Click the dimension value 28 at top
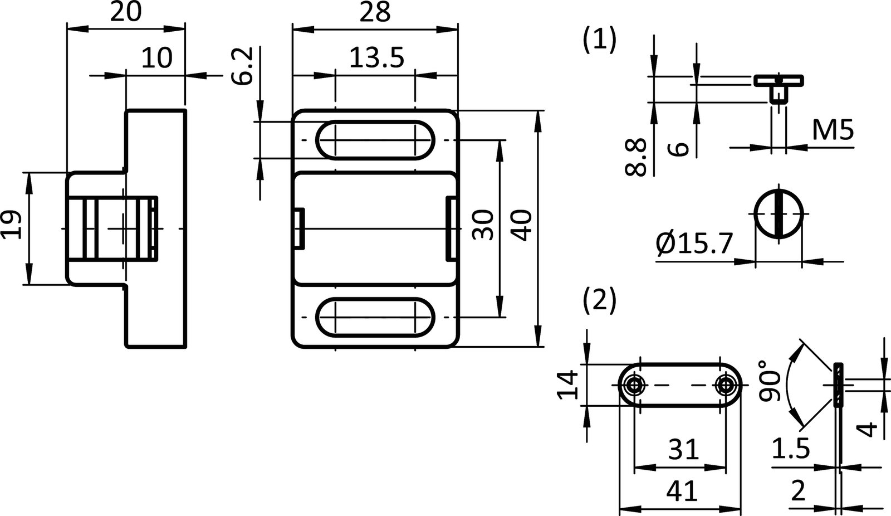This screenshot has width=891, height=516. click(x=375, y=12)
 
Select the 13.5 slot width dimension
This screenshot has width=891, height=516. click(x=376, y=58)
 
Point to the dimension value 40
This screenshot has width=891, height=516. click(x=521, y=225)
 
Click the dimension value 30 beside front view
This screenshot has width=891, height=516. click(x=483, y=225)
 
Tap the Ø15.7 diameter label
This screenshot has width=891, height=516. click(x=694, y=244)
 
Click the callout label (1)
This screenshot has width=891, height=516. click(x=599, y=40)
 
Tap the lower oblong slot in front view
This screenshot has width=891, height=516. click(x=375, y=317)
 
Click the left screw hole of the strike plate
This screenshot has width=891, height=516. click(x=634, y=385)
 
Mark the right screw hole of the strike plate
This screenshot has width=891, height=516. click(x=726, y=385)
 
